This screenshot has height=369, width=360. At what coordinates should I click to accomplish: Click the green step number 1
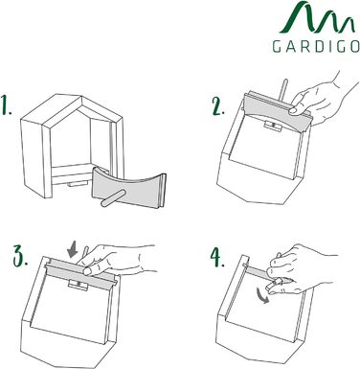pos(7,104)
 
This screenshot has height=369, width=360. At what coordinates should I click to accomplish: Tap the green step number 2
pos(219,106)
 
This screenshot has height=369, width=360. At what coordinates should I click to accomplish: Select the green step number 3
pos(20,256)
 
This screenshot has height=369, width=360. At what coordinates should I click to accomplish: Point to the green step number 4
pos(217,258)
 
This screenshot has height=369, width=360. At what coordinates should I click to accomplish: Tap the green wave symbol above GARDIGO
pos(317,17)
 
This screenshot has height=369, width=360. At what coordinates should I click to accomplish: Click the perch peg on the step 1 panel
pos(114,197)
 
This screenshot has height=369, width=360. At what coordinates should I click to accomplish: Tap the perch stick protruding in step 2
pos(282,90)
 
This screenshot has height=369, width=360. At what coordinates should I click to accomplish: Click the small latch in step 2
pos(272,126)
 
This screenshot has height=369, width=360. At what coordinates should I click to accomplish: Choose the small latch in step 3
pos(78,284)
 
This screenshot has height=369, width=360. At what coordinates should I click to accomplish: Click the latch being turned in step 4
pos(276,284)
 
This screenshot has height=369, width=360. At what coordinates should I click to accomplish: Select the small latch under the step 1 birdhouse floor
pos(78,184)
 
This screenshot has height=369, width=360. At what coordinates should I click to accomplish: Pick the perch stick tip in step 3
pos(85,248)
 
